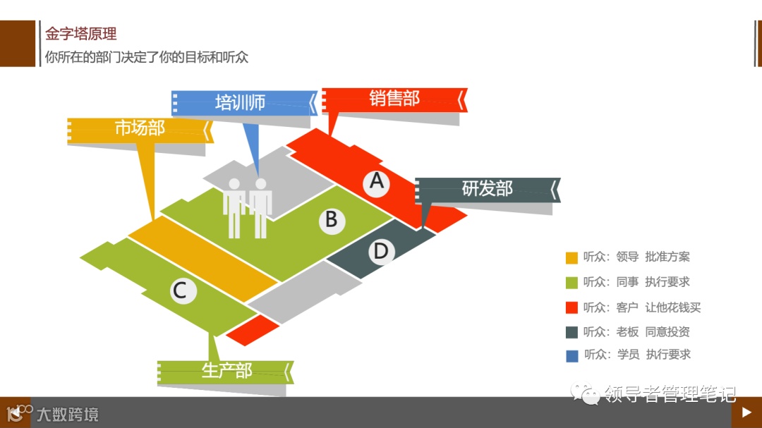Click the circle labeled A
click(377, 182)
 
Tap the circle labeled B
click(331, 220)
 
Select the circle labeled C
click(180, 290)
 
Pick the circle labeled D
click(380, 251)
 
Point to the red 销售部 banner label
click(394, 99)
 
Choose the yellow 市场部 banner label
click(140, 128)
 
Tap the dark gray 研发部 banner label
click(487, 189)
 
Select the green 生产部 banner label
click(226, 371)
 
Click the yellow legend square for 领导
click(572, 257)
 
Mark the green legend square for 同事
click(572, 282)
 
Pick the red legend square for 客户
click(572, 307)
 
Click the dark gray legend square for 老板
click(572, 332)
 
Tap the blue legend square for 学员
click(572, 355)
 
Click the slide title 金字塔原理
click(81, 33)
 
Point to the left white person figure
click(234, 206)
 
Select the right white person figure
click(261, 206)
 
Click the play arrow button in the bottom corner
click(746, 412)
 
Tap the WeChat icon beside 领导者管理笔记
click(588, 392)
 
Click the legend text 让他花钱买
click(673, 307)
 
